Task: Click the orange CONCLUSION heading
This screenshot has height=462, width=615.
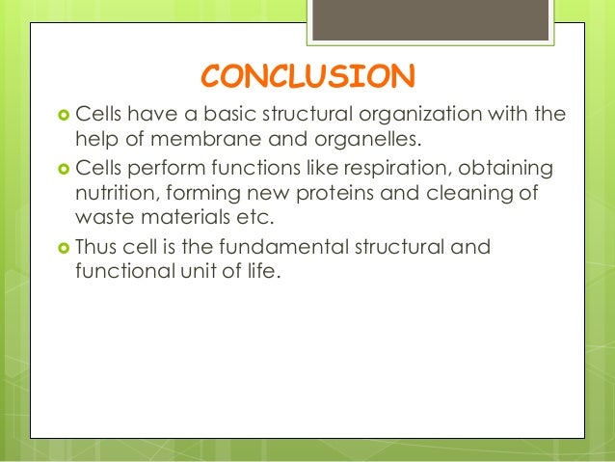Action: [307, 75]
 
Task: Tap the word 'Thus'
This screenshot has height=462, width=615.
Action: [97, 248]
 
